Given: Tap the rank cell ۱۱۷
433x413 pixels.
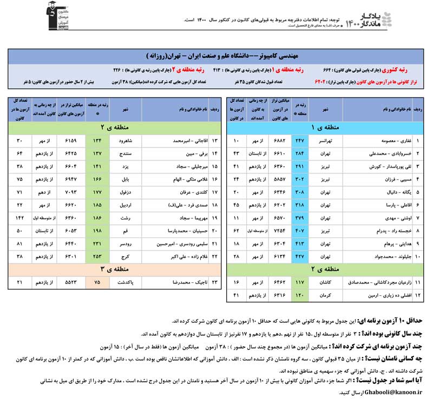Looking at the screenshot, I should coord(299,283).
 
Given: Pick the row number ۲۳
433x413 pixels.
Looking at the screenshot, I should coord(215,283).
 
